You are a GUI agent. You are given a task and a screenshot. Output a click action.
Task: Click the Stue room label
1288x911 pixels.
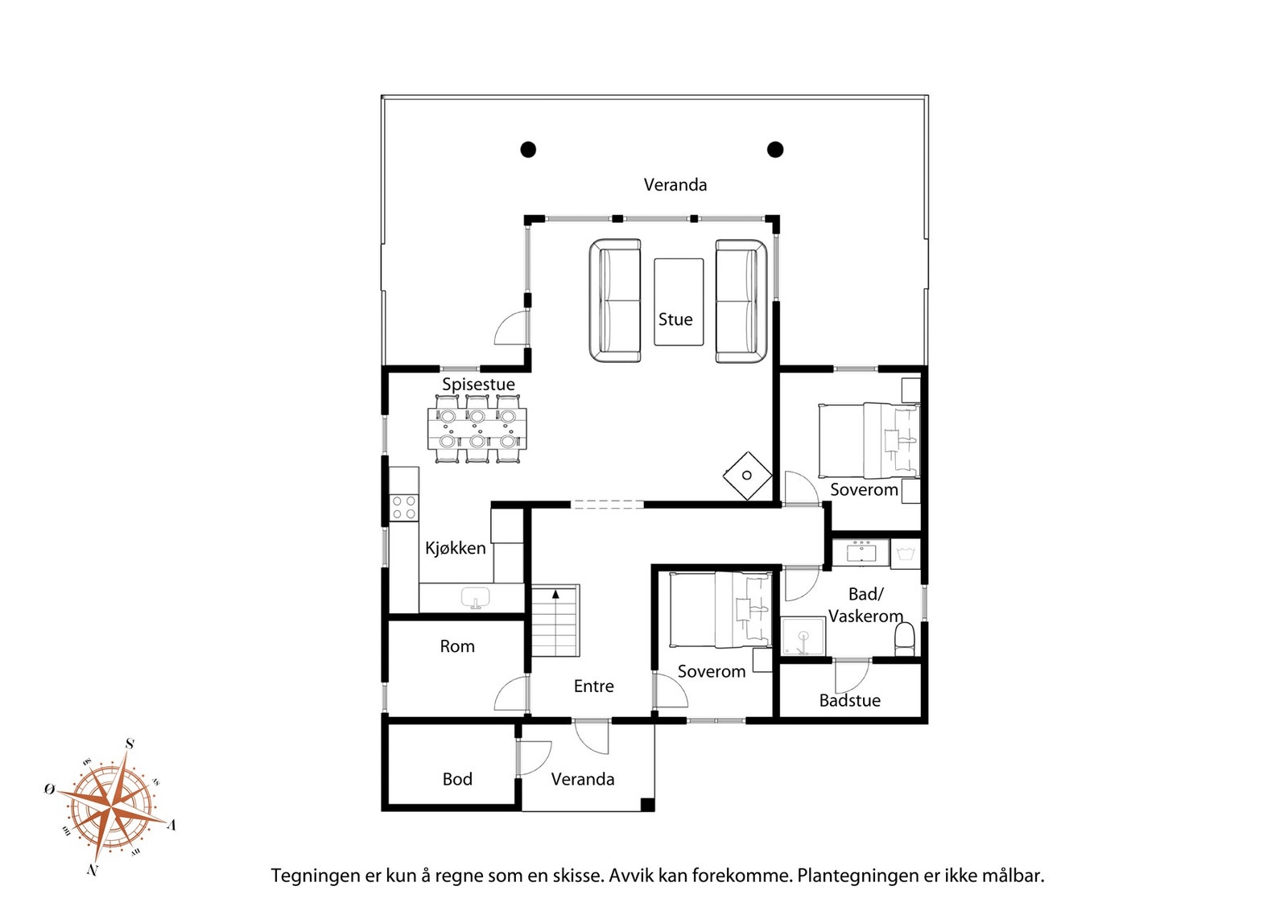coord(675,319)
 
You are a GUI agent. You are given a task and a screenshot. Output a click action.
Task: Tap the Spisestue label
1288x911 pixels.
coord(478,385)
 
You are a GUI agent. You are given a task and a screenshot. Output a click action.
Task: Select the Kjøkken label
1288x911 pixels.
coord(456,548)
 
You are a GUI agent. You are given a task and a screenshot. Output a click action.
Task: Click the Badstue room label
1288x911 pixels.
coord(850,701)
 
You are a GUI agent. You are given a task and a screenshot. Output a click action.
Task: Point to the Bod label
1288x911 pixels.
coord(457,779)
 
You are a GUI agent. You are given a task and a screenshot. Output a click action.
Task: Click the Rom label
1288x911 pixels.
coord(457,646)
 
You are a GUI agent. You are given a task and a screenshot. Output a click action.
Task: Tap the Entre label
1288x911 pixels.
coord(593,686)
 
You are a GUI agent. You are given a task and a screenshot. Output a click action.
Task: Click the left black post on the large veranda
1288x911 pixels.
coord(528,150)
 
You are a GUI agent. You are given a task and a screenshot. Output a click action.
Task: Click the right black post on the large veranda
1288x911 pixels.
coord(775,150)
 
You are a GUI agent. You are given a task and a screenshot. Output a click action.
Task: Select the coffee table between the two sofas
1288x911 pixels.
coord(679,302)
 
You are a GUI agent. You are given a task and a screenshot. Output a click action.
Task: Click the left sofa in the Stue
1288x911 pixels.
coord(615,301)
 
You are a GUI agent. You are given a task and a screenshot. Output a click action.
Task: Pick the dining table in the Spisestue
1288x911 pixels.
coord(477,429)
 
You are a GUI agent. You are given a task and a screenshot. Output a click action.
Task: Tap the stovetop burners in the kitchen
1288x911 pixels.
coord(403,508)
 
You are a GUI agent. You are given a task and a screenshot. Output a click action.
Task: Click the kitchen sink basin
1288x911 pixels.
coord(476,597)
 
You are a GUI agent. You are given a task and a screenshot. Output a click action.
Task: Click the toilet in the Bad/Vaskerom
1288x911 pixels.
coord(905,639)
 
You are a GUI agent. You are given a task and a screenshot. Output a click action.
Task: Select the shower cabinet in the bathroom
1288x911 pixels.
coord(803,637)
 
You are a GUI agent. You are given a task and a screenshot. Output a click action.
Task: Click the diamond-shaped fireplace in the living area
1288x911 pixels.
coord(747,476)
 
